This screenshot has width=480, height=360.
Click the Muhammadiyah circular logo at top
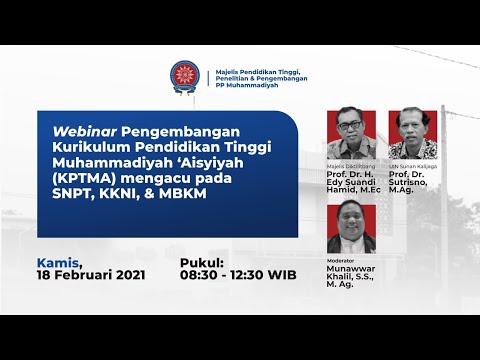tap(185, 77)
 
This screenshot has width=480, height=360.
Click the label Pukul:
tap(205, 262)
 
